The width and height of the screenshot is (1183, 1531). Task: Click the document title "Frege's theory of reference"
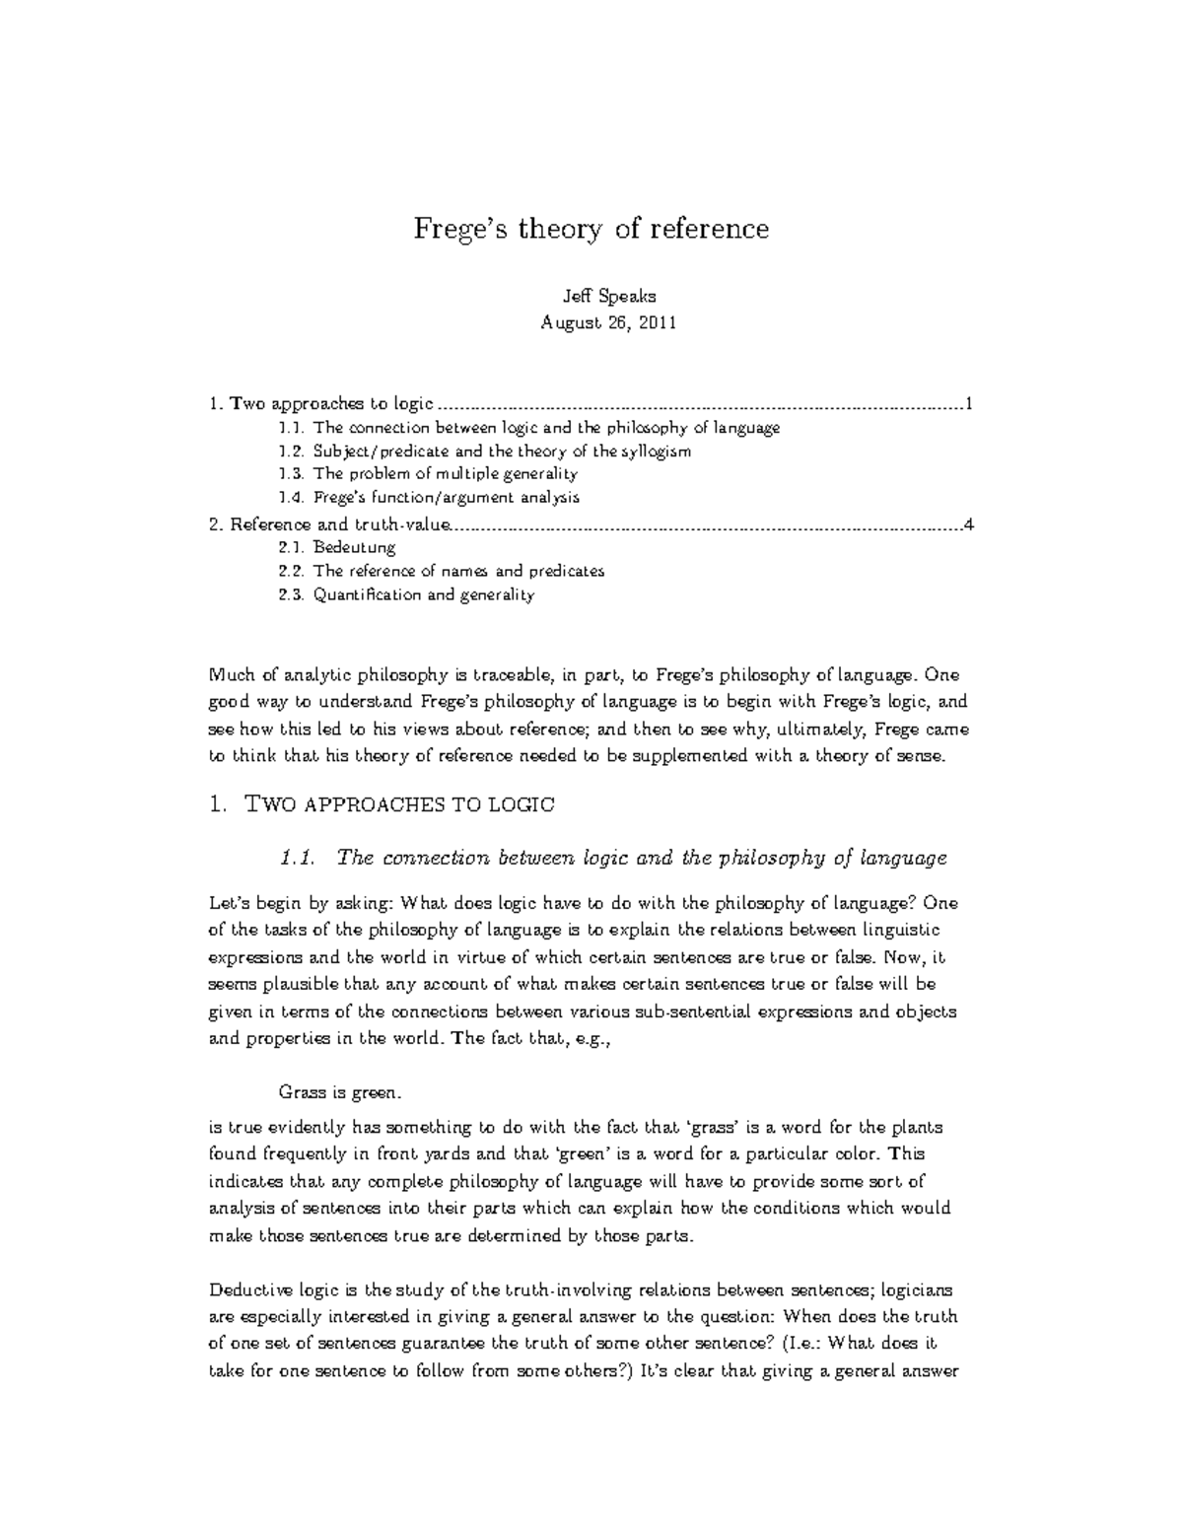click(x=590, y=230)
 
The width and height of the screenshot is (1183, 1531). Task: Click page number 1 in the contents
click(x=970, y=403)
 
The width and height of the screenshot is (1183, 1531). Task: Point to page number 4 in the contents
click(x=970, y=523)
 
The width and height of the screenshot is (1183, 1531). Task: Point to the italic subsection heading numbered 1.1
click(x=613, y=858)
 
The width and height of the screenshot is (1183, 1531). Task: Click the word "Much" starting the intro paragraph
click(x=230, y=676)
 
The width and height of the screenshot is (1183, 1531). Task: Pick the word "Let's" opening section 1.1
click(x=231, y=904)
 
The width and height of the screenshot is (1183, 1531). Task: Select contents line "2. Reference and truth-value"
click(x=329, y=523)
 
